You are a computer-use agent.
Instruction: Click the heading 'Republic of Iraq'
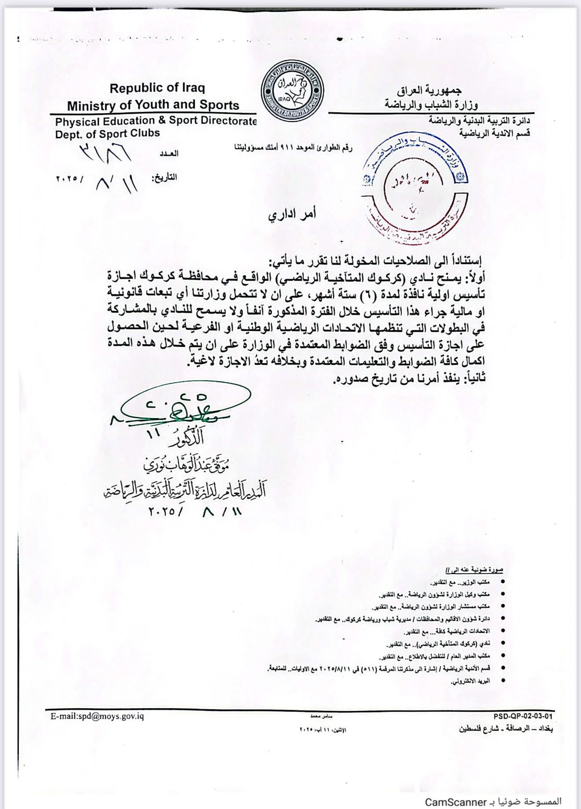pyautogui.click(x=157, y=88)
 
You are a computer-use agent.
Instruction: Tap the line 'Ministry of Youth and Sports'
pyautogui.click(x=153, y=105)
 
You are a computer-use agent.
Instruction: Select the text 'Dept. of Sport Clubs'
pyautogui.click(x=107, y=133)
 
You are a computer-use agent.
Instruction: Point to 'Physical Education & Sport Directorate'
pyautogui.click(x=156, y=121)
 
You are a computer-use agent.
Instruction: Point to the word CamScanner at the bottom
pyautogui.click(x=456, y=802)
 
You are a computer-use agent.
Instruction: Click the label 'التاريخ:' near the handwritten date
pyautogui.click(x=164, y=177)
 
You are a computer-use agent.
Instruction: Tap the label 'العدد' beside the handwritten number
pyautogui.click(x=169, y=153)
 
